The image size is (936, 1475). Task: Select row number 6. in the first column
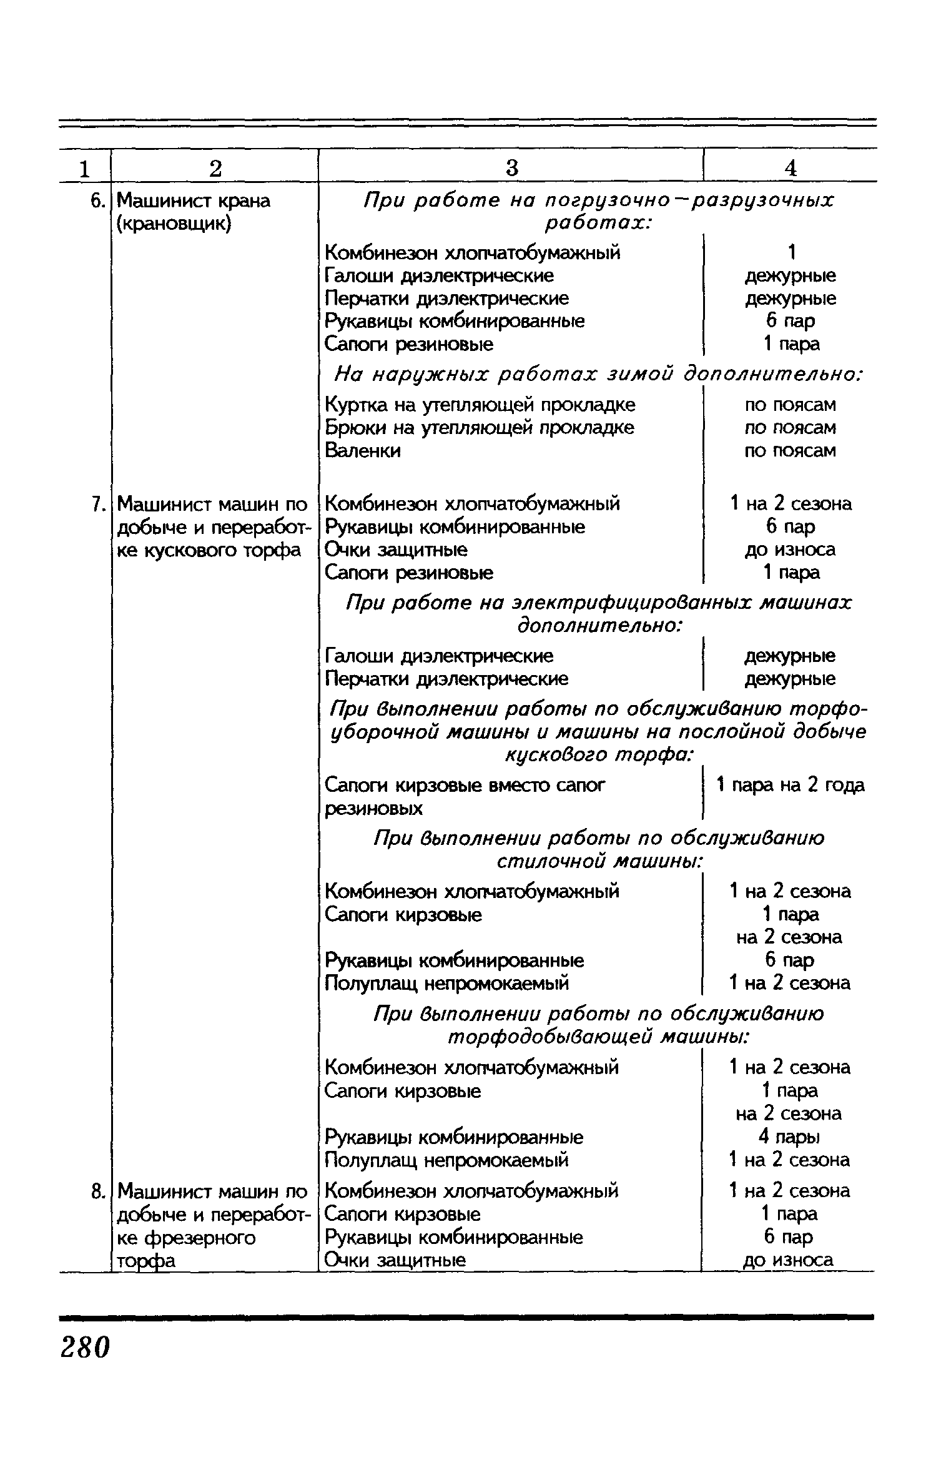click(x=96, y=200)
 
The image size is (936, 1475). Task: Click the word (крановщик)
click(x=174, y=224)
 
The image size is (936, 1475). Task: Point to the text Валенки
click(x=363, y=450)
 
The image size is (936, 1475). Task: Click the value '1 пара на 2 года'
click(x=791, y=785)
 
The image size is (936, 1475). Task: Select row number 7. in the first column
click(x=96, y=503)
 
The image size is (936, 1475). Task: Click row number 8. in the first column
click(x=96, y=1191)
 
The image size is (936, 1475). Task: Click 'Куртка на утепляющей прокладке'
click(x=480, y=405)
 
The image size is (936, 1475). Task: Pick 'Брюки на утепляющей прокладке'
click(x=480, y=428)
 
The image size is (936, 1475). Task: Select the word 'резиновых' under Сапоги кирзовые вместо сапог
click(x=373, y=809)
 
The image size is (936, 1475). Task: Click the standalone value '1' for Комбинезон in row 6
click(x=791, y=252)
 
